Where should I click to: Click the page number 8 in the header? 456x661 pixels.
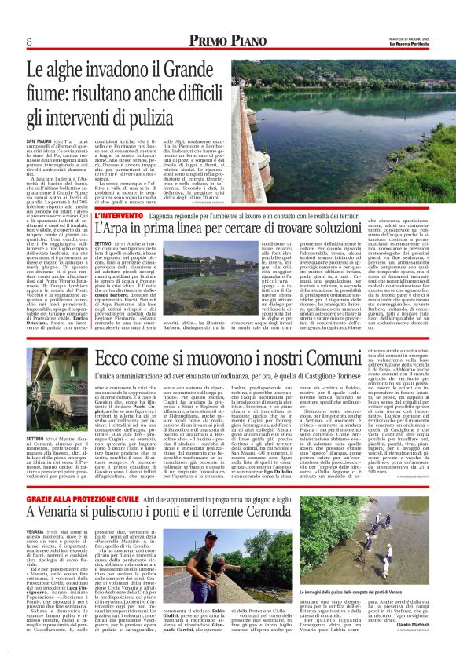[28, 42]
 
